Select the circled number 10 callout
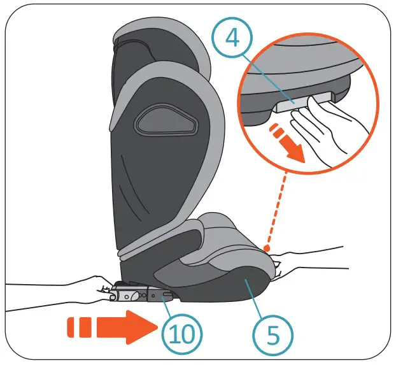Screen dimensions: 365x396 pyautogui.click(x=183, y=332)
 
